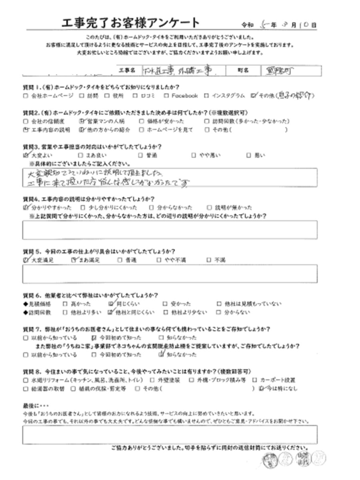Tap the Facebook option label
point(184,96)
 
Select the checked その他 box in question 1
point(253,96)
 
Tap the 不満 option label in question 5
point(220,260)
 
